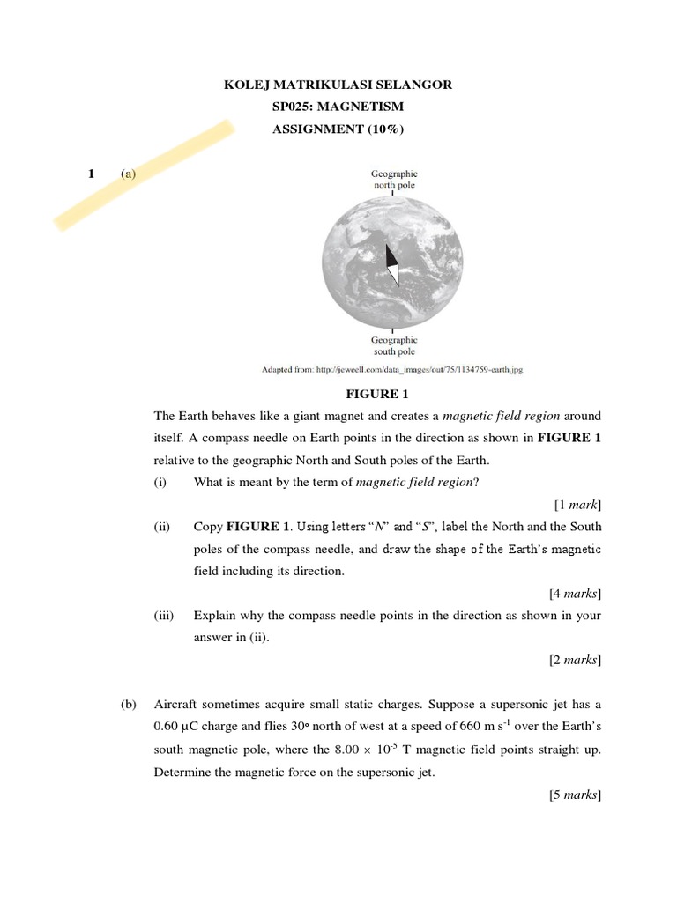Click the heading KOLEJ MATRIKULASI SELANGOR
coord(338,85)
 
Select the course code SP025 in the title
coord(294,107)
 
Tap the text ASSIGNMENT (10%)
coord(338,129)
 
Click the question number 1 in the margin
coord(91,174)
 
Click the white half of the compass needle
coord(394,273)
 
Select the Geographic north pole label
coord(394,180)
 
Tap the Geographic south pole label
coord(394,345)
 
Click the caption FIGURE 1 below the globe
coord(376,394)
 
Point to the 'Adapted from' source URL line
coord(392,370)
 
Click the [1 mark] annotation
coord(577,505)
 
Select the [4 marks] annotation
coord(575,593)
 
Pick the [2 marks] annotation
coord(575,659)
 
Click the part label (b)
coord(130,705)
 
